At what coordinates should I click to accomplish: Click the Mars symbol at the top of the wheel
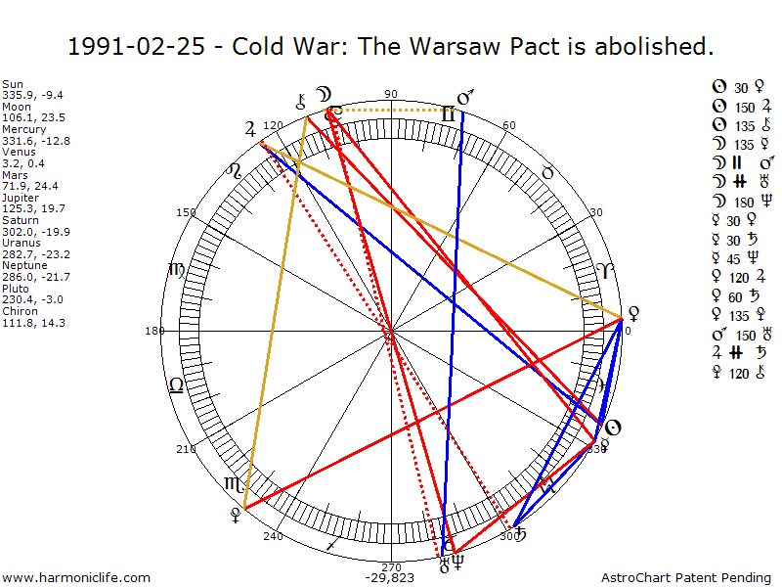tap(466, 98)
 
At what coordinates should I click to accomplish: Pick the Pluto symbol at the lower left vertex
tap(235, 513)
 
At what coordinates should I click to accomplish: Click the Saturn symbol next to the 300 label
tap(521, 534)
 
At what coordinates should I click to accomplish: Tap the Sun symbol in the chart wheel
tap(612, 428)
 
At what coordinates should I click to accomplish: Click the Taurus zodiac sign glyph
tap(548, 172)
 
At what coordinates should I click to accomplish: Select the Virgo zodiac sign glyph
tap(177, 270)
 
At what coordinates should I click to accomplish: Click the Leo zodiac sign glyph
tap(176, 385)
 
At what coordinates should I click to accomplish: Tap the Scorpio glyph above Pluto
tap(235, 484)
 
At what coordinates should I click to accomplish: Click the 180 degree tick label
tap(154, 331)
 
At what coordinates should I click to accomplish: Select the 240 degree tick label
tap(273, 536)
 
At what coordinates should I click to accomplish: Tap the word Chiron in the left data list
tap(17, 312)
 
